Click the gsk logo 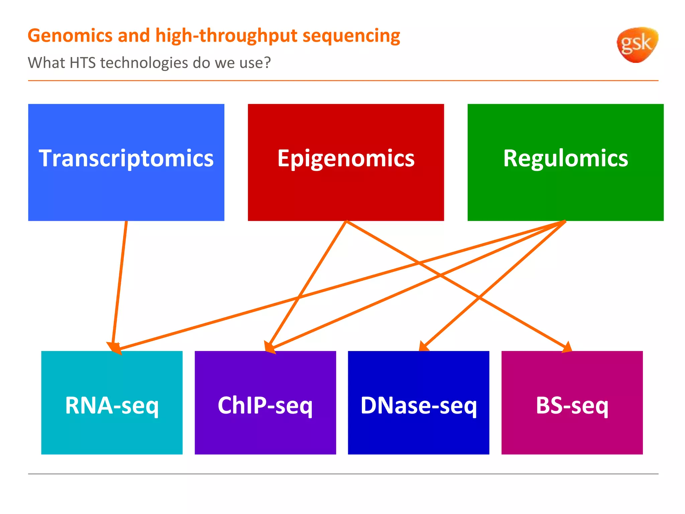637,45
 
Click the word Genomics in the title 70,36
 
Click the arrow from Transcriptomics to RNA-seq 120,284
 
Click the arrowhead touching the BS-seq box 567,347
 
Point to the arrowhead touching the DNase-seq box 424,346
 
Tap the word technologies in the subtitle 144,63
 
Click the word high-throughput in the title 226,36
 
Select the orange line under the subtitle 343,81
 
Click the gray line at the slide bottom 343,474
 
